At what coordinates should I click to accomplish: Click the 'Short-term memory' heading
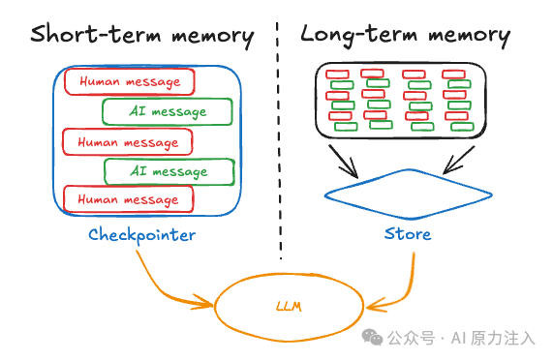[142, 36]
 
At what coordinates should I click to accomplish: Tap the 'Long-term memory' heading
[405, 35]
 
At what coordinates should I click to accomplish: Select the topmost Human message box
[130, 81]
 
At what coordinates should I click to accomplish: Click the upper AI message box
[168, 111]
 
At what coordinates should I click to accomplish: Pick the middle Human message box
[127, 142]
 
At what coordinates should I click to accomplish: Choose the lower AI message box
[169, 172]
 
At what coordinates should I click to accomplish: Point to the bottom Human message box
[129, 199]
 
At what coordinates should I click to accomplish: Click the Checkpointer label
[141, 235]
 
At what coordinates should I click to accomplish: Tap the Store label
[408, 234]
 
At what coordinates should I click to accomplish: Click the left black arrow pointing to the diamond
[343, 161]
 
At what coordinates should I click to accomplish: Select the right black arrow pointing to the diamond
[458, 161]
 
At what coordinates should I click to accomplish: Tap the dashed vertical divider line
[279, 141]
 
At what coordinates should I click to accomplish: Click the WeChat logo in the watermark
[372, 337]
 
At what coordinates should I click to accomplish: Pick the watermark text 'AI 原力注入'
[493, 338]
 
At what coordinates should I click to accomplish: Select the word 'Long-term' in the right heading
[359, 35]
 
